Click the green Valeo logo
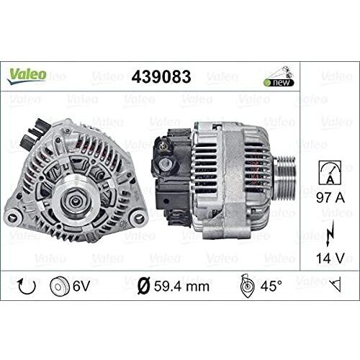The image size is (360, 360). point(27,76)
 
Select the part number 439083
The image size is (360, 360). point(161,77)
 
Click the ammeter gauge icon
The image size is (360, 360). point(330,173)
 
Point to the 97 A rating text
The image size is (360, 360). point(330,198)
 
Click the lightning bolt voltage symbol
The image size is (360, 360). point(330,234)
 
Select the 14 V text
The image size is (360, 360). point(330,258)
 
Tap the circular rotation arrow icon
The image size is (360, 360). point(27,286)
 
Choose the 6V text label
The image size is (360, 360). point(81,286)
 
